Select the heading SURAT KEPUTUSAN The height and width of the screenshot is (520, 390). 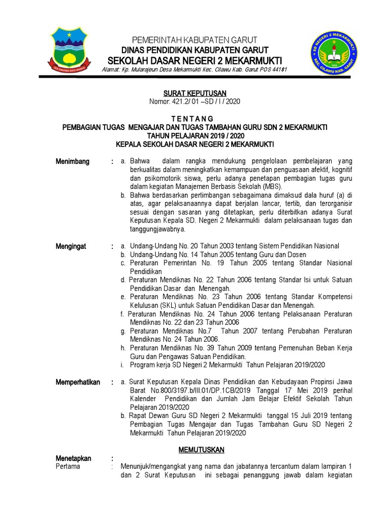tap(194, 93)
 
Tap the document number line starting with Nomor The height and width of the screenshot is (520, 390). tap(194, 101)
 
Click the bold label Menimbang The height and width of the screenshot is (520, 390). tap(73, 161)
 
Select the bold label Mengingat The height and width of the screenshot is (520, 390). tap(71, 246)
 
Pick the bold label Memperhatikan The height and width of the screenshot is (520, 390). tap(78, 382)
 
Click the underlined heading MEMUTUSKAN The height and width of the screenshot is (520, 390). tap(202, 450)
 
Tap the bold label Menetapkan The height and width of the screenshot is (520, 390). tap(74, 459)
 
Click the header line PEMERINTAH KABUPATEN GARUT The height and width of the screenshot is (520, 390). tap(194, 40)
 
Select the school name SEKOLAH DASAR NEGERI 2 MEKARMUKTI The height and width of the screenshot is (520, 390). tap(194, 60)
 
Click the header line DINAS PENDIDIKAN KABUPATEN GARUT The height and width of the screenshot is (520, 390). tap(194, 49)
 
